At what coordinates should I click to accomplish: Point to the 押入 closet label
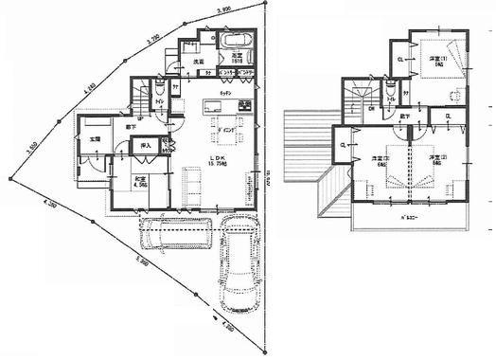[x=146, y=147]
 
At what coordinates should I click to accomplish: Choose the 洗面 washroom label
[x=200, y=63]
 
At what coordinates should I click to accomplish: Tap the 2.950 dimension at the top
[x=223, y=11]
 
